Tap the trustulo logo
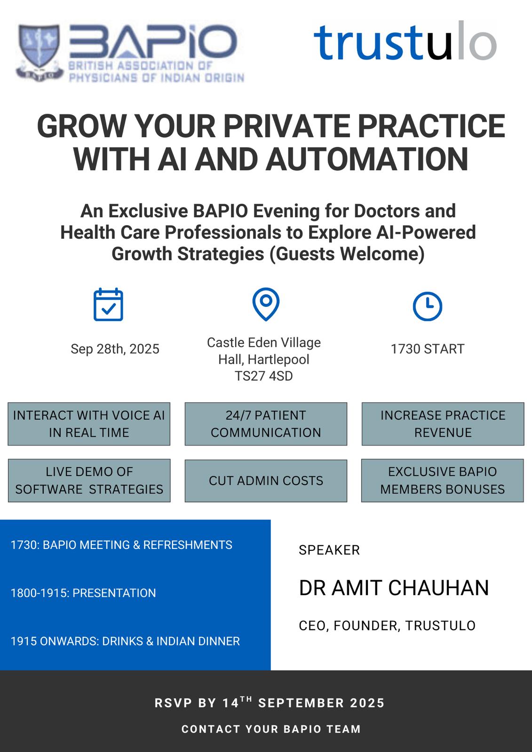pyautogui.click(x=405, y=41)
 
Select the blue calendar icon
pyautogui.click(x=108, y=305)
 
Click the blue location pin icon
pyautogui.click(x=266, y=304)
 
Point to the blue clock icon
pyautogui.click(x=428, y=306)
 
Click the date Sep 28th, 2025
pyautogui.click(x=115, y=349)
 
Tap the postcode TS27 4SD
pyautogui.click(x=264, y=376)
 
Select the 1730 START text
pyautogui.click(x=428, y=349)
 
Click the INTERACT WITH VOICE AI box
pyautogui.click(x=89, y=424)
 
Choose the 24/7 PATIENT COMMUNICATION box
pyautogui.click(x=266, y=424)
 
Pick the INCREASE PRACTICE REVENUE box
pyautogui.click(x=443, y=424)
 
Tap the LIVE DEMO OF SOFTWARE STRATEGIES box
pyautogui.click(x=89, y=480)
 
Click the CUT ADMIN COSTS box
pyautogui.click(x=266, y=480)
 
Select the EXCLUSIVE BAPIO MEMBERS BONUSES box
pyautogui.click(x=443, y=480)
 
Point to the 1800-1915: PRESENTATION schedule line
pyautogui.click(x=83, y=593)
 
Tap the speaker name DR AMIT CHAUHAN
pyautogui.click(x=394, y=588)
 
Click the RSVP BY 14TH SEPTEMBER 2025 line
pyautogui.click(x=270, y=703)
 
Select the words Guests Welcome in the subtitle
pyautogui.click(x=347, y=254)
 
